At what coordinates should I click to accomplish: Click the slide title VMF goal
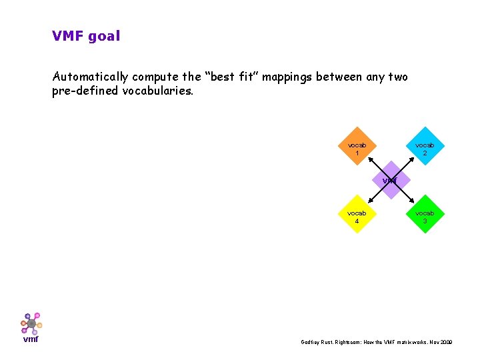pos(86,36)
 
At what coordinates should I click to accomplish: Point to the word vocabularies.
pos(158,91)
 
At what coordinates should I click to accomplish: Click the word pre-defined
pos(86,91)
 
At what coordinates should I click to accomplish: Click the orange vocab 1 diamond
pos(357,146)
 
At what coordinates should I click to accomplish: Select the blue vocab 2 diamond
pos(425,146)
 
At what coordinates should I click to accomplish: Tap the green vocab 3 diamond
pos(425,214)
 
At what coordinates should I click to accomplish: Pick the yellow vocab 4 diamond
pos(357,214)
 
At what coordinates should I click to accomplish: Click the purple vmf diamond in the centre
pos(391,180)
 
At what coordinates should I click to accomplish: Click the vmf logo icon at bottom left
pos(31,323)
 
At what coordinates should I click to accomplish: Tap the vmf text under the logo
pos(31,339)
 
